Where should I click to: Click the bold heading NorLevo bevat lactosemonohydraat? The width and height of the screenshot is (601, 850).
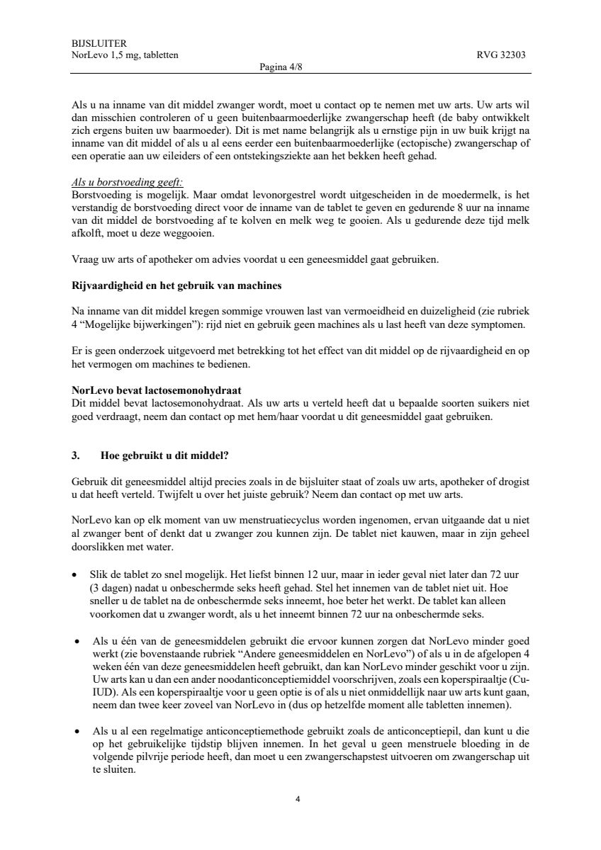click(x=157, y=390)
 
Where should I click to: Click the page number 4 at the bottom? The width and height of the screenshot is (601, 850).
click(x=298, y=800)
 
